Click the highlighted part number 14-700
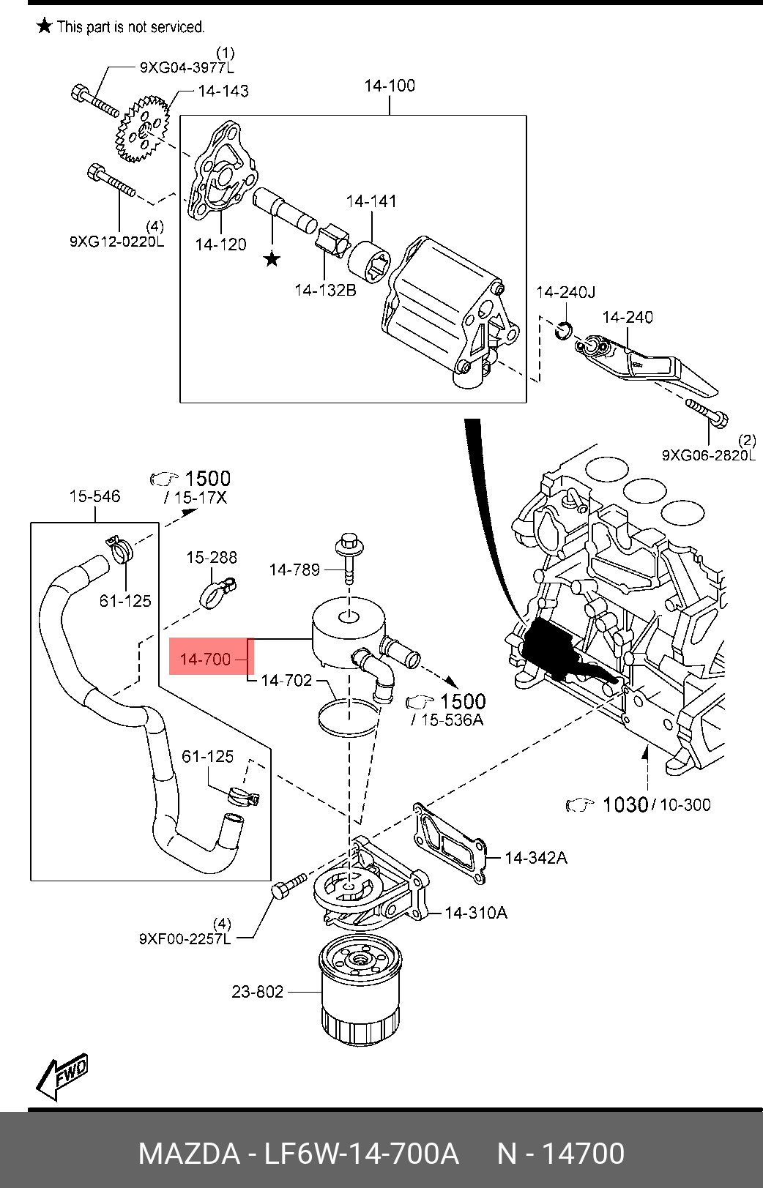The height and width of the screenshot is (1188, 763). (206, 659)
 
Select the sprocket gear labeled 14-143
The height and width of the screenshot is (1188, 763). (142, 130)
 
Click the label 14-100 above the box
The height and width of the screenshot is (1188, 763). (390, 86)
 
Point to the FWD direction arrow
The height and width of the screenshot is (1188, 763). (63, 1076)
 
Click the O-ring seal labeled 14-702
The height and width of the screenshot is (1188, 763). (349, 717)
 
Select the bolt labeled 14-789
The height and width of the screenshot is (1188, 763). (349, 560)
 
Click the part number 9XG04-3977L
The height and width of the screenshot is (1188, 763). (187, 68)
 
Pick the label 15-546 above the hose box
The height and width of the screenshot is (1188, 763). (94, 496)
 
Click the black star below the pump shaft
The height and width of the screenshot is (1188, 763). (272, 258)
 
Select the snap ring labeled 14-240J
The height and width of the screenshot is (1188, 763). (563, 330)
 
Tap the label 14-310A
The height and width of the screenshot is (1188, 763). (476, 913)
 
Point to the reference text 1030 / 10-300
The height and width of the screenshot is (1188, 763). (655, 804)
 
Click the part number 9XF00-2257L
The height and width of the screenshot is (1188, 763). (185, 938)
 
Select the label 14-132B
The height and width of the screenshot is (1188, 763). (325, 290)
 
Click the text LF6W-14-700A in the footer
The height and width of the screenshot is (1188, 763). (361, 1154)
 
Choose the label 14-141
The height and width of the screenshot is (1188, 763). (371, 201)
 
